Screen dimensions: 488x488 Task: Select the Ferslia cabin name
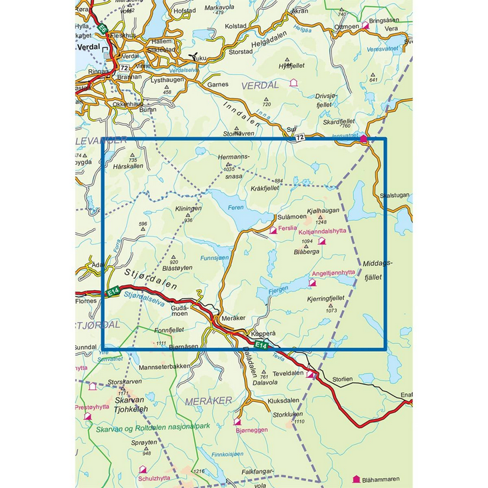(290, 229)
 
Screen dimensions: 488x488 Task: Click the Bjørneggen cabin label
(253, 430)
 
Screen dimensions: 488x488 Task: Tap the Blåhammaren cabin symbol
(357, 479)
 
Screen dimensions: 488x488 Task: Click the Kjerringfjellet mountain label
(325, 299)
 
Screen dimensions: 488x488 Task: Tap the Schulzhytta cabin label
(154, 477)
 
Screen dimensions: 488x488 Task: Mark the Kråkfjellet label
(265, 189)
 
